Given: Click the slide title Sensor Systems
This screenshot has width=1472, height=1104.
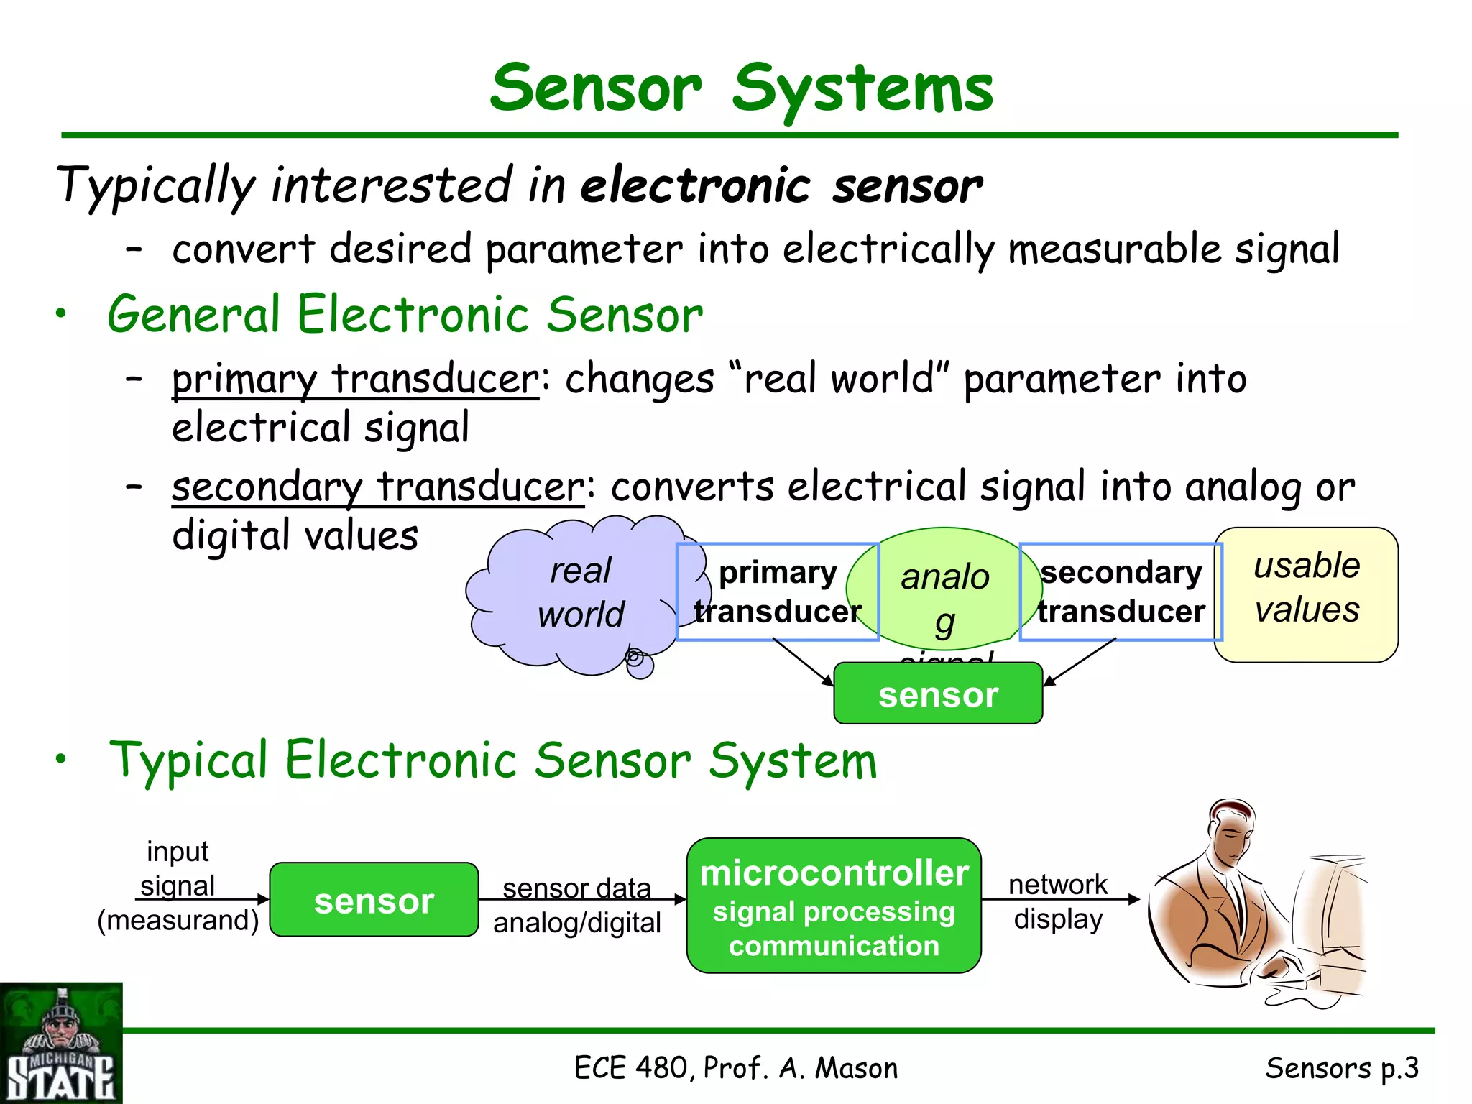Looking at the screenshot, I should coord(741,88).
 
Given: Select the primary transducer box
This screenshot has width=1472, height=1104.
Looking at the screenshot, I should coord(777,592).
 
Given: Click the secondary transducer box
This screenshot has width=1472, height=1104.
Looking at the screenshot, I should coord(1121,592).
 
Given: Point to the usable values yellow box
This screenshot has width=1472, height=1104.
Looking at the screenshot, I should coord(1306,594).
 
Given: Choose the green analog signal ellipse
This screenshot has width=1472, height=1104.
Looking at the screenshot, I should coord(944,589).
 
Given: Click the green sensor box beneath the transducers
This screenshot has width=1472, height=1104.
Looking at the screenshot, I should coord(938,694).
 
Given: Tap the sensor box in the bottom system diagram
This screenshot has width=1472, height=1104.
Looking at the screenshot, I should coord(374,900).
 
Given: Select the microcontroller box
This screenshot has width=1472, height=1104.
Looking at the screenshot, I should coord(834,906).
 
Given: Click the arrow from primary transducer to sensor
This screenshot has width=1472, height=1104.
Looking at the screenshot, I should coord(803,661).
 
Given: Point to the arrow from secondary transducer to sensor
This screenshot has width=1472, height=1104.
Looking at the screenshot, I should coord(1080,661).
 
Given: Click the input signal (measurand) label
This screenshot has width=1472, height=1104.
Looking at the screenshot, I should coord(178,885).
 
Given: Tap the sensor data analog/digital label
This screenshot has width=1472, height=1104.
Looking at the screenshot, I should coord(576,905).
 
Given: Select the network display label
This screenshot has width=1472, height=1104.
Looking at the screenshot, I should coord(1058,901).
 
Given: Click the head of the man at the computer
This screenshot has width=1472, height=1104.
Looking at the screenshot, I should coord(1231,834).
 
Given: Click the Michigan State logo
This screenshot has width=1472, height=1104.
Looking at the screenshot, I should coord(61,1043).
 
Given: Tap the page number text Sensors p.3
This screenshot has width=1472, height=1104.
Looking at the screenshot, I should coord(1341,1068).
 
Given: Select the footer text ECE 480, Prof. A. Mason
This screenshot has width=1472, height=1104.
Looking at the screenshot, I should coord(735,1068).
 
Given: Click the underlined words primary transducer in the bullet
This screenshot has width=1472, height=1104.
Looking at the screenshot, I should coord(355,379).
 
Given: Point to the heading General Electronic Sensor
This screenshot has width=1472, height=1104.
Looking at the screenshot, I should coord(405,315).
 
